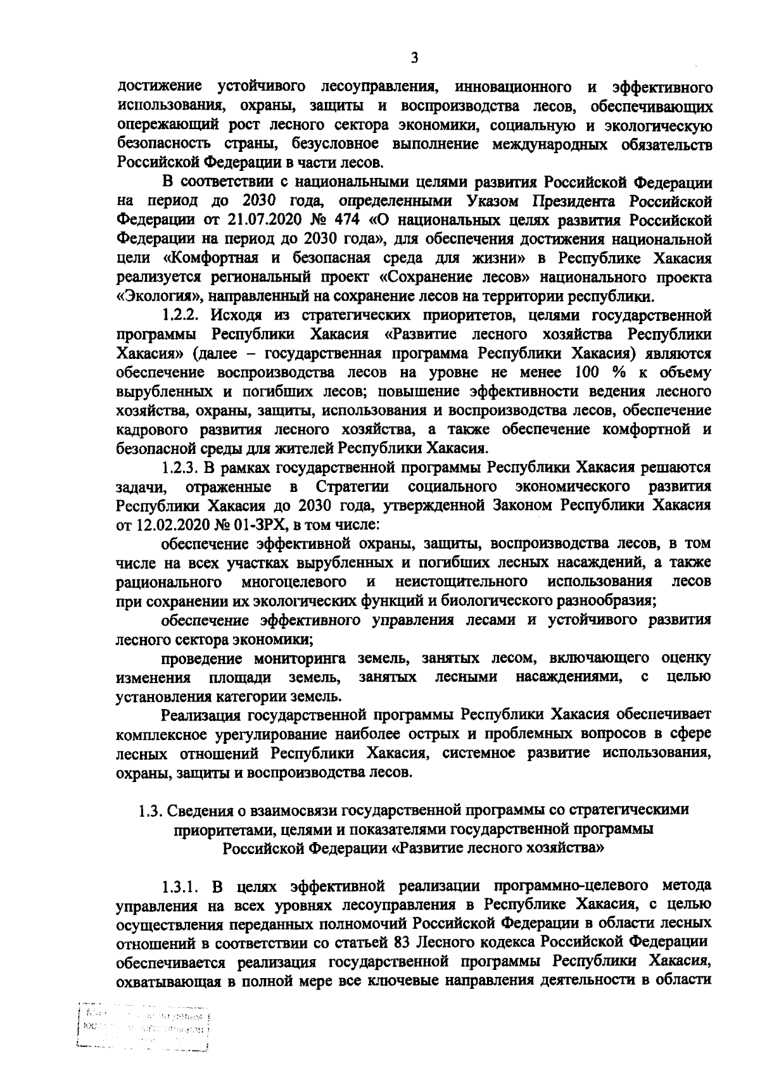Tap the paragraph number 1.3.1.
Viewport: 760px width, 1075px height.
coord(182,885)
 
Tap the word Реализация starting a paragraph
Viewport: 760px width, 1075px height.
coord(201,715)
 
